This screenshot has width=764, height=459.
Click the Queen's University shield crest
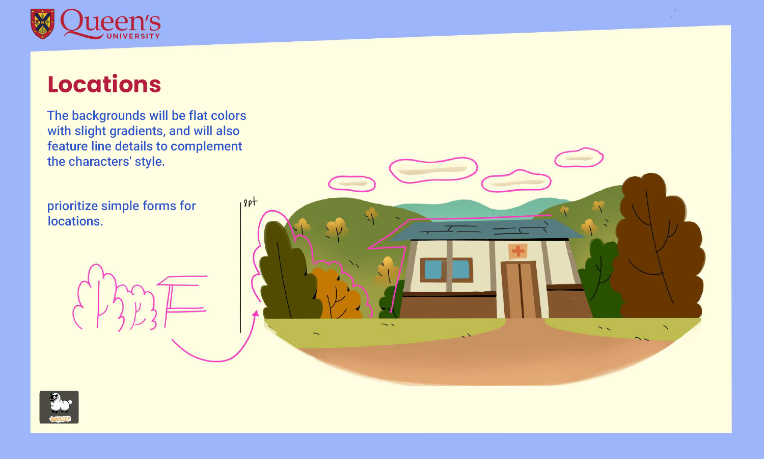pos(42,23)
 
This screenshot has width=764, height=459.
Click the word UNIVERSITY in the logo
pos(133,36)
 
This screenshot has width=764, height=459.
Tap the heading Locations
pos(104,85)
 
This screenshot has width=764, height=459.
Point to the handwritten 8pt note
pos(250,202)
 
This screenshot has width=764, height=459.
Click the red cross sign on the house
pos(518,250)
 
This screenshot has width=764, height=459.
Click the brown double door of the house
pos(520,290)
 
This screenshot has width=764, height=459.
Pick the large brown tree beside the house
pos(657,245)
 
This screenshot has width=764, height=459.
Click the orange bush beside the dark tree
pos(336,293)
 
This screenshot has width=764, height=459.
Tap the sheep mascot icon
pos(59,407)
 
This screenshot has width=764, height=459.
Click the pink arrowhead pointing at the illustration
pos(255,314)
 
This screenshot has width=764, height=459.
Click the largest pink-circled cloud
pos(433,169)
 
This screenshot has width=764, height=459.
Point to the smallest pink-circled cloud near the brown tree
pos(579,158)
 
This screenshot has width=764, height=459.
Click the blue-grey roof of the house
pos(484,230)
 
